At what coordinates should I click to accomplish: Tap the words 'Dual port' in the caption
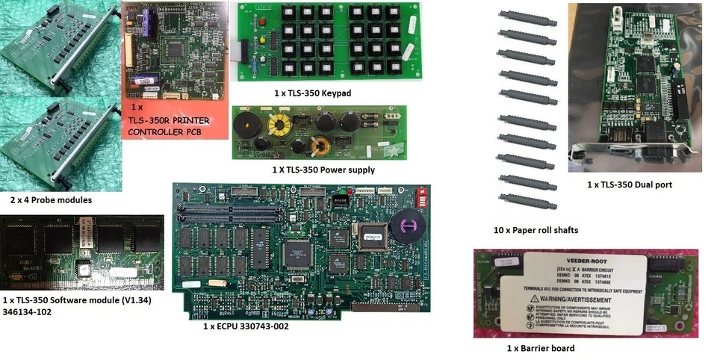[x=649, y=184]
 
